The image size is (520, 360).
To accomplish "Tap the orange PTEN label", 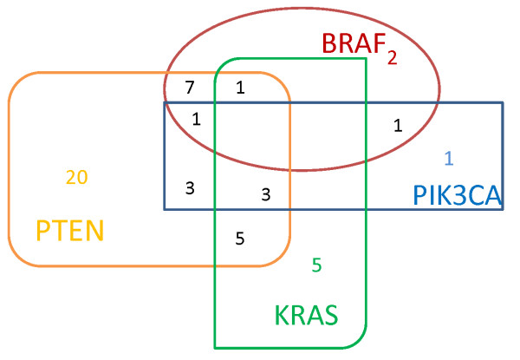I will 69,231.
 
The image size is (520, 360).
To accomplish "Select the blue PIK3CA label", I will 457,196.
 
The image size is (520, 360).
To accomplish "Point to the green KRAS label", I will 305,314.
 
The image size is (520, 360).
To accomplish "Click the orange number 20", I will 76,177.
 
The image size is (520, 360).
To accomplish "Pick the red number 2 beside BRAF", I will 392,58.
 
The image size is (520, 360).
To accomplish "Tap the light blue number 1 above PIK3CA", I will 448,158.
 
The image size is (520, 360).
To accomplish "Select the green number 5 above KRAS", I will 316,265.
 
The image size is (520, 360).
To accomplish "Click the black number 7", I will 190,88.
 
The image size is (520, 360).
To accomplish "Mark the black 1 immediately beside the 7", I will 240,88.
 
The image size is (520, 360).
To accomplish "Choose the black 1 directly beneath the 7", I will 196,119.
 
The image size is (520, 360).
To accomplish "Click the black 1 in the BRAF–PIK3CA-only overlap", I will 397,125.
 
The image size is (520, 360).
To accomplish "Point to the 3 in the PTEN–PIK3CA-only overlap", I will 190,187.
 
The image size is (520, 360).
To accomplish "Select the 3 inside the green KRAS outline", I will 265,194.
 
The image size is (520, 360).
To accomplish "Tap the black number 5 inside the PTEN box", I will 240,238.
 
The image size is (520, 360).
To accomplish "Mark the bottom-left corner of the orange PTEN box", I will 16,259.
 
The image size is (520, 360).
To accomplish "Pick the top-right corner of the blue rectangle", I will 502,103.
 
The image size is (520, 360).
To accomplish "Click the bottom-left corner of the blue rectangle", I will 165,209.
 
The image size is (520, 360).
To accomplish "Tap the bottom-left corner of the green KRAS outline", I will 216,347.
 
